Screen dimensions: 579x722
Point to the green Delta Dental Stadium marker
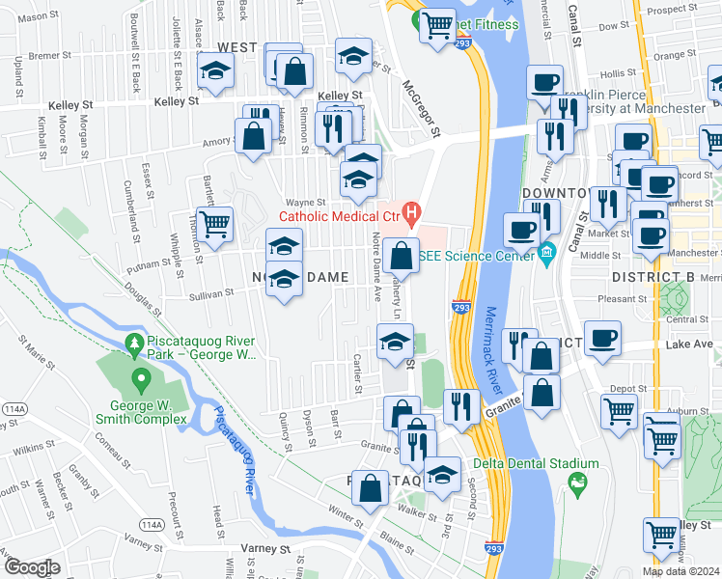(578, 482)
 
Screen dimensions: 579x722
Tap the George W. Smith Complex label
(140, 410)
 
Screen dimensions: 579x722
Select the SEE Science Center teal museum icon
(547, 255)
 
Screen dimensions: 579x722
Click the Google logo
(31, 566)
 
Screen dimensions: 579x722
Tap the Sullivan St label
(211, 293)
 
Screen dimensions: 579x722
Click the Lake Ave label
(689, 345)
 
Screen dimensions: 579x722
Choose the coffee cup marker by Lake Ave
(602, 339)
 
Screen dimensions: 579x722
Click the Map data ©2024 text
(680, 571)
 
